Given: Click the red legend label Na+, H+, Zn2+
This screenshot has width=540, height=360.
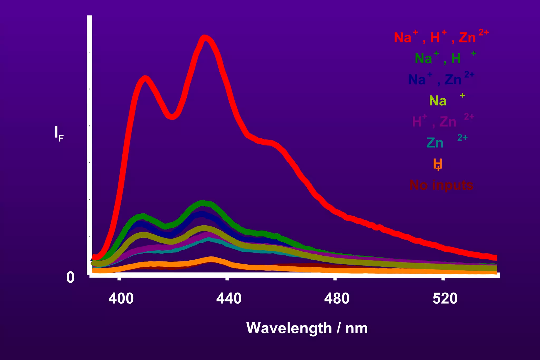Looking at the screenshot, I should coord(441,37).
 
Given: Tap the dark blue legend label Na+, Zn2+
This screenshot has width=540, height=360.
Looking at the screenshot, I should coord(441,79).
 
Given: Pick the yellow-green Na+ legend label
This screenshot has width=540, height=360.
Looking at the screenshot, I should coord(446,100).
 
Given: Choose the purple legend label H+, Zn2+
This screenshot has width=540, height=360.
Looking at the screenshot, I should coord(443,121).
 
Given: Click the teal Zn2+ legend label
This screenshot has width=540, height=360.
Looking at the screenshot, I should coord(446,142).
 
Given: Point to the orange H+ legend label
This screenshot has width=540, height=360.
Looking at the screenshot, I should coord(437,164).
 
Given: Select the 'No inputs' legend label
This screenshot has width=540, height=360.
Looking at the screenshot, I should coord(441,185).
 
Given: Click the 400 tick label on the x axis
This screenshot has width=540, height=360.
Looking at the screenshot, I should coord(121,299).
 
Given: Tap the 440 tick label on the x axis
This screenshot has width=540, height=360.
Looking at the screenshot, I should coord(229,299).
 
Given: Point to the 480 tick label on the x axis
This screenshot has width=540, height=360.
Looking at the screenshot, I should coord(337,299).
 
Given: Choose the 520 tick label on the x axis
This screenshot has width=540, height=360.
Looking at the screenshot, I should coord(445,299).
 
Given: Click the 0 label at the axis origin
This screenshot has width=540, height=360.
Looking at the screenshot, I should coord(70,278).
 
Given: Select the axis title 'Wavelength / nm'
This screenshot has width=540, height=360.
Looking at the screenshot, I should coord(307,328).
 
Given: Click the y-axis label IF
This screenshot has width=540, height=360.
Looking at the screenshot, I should coord(59,133).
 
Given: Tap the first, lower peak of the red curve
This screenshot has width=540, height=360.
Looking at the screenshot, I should coord(145,79).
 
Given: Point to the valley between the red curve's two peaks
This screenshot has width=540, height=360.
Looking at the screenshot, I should coord(172,116).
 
